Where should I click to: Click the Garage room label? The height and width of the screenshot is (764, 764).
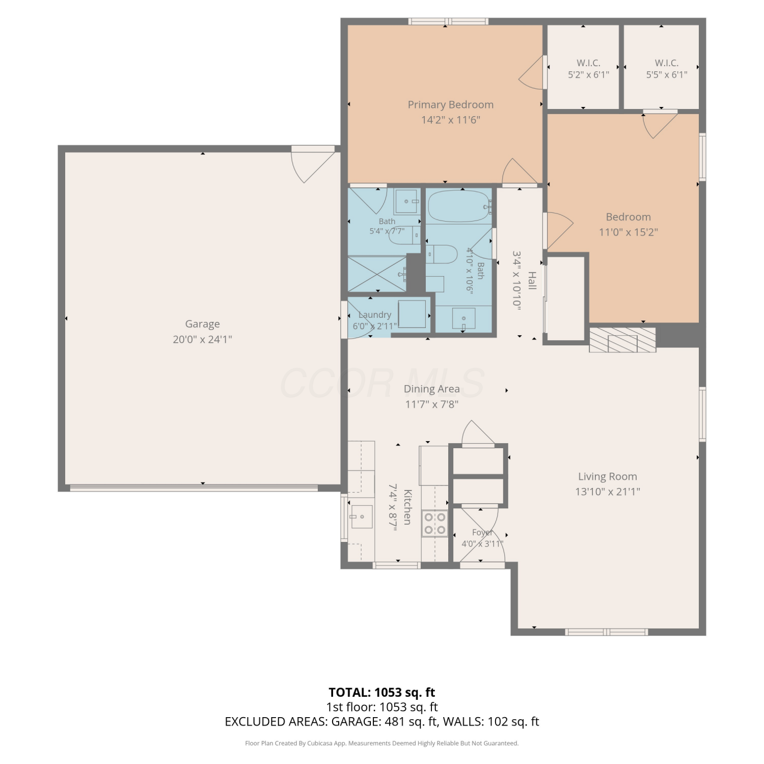point(202,324)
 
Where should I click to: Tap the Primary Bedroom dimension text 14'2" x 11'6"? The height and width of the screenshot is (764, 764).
point(451,120)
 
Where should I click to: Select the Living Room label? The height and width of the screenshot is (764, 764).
point(607,477)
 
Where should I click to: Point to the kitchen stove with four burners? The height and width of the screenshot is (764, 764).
point(435,524)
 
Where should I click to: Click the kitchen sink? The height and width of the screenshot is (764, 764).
point(362,516)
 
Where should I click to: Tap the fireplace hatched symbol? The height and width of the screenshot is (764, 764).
point(622,340)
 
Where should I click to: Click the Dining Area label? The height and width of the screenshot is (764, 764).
point(432,389)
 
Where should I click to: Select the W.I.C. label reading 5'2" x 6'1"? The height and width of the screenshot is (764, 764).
point(588,69)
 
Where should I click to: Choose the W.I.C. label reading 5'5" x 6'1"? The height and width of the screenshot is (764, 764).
point(667,69)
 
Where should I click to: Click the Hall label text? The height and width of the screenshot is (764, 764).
point(532,281)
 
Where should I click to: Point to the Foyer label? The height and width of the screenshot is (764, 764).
point(482,533)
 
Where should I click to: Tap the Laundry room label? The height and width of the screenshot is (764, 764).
point(375,315)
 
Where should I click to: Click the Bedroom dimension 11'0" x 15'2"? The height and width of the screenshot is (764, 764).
point(629,232)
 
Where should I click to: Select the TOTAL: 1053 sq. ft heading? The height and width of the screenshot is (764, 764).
point(382,692)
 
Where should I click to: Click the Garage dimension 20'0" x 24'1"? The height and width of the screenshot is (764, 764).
point(202,339)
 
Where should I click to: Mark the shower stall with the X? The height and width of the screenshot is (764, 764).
point(377,275)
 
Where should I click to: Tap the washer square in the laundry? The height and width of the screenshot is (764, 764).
point(412,314)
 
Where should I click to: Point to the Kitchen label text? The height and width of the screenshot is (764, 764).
point(407,507)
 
